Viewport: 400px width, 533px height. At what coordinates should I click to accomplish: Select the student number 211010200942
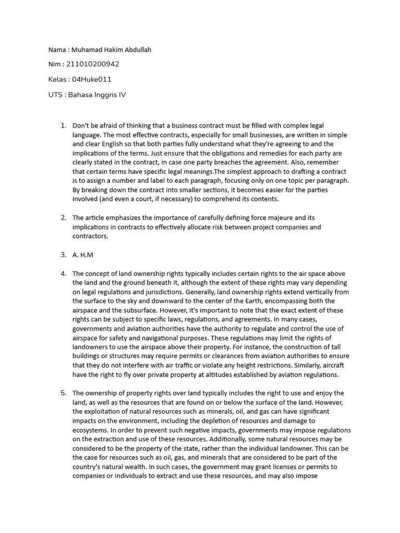[93, 65]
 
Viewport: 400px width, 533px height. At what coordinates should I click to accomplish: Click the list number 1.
[63, 125]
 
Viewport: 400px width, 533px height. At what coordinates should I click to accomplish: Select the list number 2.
[63, 218]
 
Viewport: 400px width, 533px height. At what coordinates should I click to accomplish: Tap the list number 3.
[63, 255]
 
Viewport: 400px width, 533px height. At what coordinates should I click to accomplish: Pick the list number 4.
[63, 273]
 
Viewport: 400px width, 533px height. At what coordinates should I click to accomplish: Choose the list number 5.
[63, 393]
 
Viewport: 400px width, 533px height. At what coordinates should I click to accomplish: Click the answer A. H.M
[82, 255]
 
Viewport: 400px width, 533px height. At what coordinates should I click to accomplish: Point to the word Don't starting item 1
[81, 125]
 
